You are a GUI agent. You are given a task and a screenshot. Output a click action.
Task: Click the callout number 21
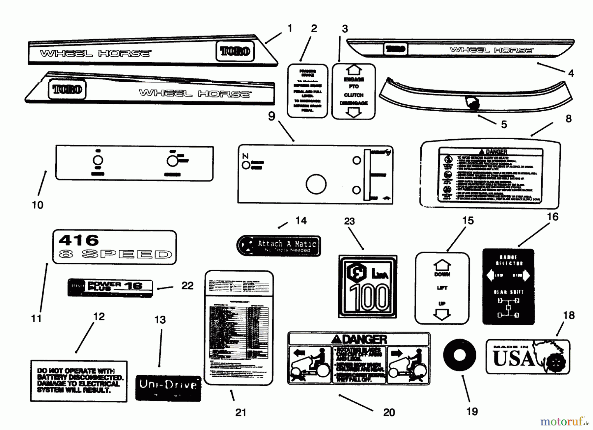click(x=241, y=412)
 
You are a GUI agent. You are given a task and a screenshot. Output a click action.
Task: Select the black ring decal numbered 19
click(x=460, y=356)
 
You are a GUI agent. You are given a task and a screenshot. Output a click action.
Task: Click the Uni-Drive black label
click(x=168, y=388)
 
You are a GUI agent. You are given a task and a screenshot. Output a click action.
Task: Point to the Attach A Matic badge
click(x=279, y=246)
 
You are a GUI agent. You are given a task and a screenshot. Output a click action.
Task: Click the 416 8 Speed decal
click(x=114, y=247)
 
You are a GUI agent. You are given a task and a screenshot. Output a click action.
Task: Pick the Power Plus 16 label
click(x=110, y=288)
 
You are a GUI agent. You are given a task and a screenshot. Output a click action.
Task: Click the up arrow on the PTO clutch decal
click(x=353, y=70)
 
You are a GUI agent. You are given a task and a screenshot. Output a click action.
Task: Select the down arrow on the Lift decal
click(x=442, y=315)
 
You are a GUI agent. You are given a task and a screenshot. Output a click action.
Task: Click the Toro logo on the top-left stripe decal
click(x=235, y=51)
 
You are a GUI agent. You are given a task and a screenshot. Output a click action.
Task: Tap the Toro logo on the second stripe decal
click(x=67, y=89)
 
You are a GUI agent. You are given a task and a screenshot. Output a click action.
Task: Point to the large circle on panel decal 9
click(x=316, y=184)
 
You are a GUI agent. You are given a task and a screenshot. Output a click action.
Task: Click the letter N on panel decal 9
click(x=245, y=156)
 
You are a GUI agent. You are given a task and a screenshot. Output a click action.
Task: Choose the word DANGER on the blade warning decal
click(x=364, y=339)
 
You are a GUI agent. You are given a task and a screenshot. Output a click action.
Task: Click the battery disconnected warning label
click(x=79, y=381)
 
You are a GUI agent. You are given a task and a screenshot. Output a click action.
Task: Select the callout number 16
click(x=552, y=217)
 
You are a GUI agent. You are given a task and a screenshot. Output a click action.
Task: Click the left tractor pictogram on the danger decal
click(x=310, y=365)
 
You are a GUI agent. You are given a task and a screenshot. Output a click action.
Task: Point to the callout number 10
click(x=38, y=205)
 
